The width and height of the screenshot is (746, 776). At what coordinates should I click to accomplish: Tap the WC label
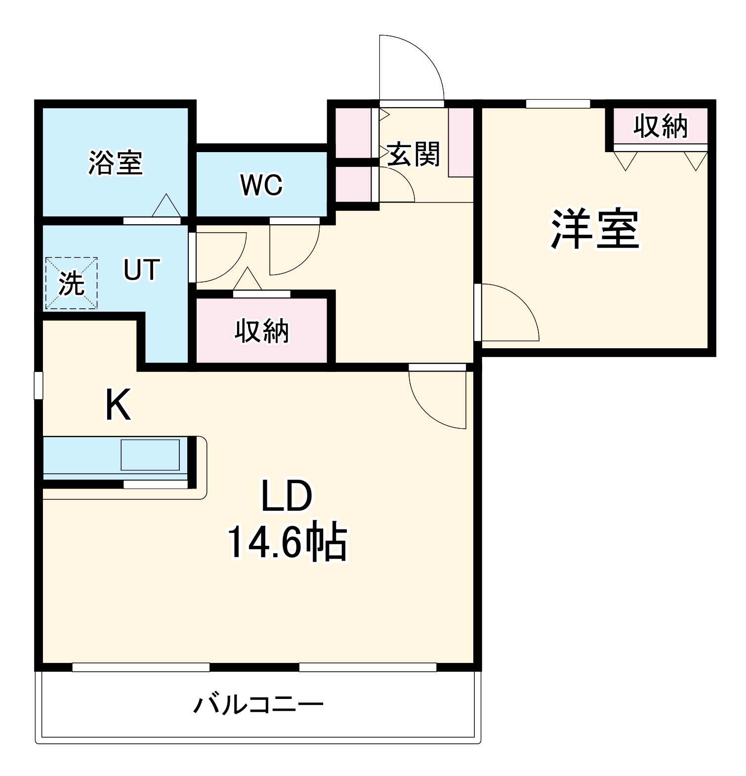261,185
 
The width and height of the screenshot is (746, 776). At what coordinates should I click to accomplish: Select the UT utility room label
141,270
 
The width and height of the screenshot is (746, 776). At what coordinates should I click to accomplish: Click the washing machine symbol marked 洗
71,284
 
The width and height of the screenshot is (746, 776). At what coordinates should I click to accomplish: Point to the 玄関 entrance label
413,155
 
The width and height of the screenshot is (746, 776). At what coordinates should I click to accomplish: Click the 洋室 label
595,229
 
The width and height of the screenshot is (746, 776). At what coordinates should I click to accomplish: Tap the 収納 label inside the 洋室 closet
661,126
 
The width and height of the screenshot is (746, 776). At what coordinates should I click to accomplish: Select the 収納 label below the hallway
261,330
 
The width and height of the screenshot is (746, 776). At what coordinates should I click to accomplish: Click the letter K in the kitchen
118,405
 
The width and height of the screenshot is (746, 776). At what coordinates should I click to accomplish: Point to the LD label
287,496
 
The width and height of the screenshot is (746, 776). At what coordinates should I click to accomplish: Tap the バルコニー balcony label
258,704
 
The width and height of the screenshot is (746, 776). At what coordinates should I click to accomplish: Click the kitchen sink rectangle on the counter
150,454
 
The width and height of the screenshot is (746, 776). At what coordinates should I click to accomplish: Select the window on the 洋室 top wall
558,104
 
